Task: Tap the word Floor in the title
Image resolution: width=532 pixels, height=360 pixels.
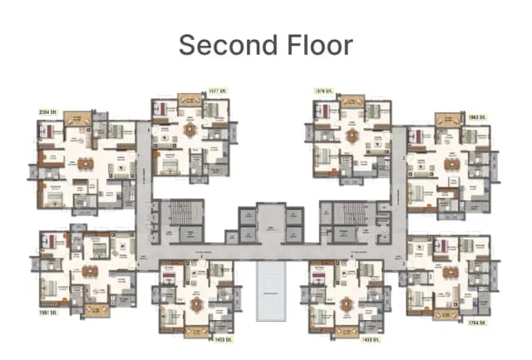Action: click(317, 44)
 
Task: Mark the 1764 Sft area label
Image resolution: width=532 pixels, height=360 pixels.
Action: click(475, 322)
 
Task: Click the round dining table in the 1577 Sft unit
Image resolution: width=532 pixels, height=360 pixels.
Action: click(190, 130)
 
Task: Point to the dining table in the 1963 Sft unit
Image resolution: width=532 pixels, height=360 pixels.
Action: click(451, 163)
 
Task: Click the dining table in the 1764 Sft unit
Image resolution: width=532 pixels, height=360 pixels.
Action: click(451, 271)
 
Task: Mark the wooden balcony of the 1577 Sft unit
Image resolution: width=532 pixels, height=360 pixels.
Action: click(190, 99)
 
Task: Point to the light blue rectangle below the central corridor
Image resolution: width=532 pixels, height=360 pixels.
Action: click(269, 290)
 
